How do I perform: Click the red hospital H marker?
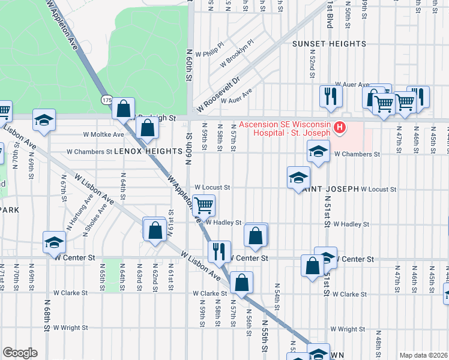click(x=340, y=128)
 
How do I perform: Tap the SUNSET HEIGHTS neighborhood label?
click(x=329, y=44)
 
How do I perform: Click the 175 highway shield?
click(x=107, y=100)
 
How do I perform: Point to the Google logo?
click(x=20, y=353)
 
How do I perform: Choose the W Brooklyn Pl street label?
click(x=237, y=53)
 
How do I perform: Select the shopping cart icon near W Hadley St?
click(x=204, y=205)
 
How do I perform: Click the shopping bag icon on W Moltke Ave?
click(x=148, y=127)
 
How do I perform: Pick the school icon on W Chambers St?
click(x=318, y=151)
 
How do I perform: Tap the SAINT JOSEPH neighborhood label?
click(x=330, y=189)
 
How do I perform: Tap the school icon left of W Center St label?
click(x=54, y=242)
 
